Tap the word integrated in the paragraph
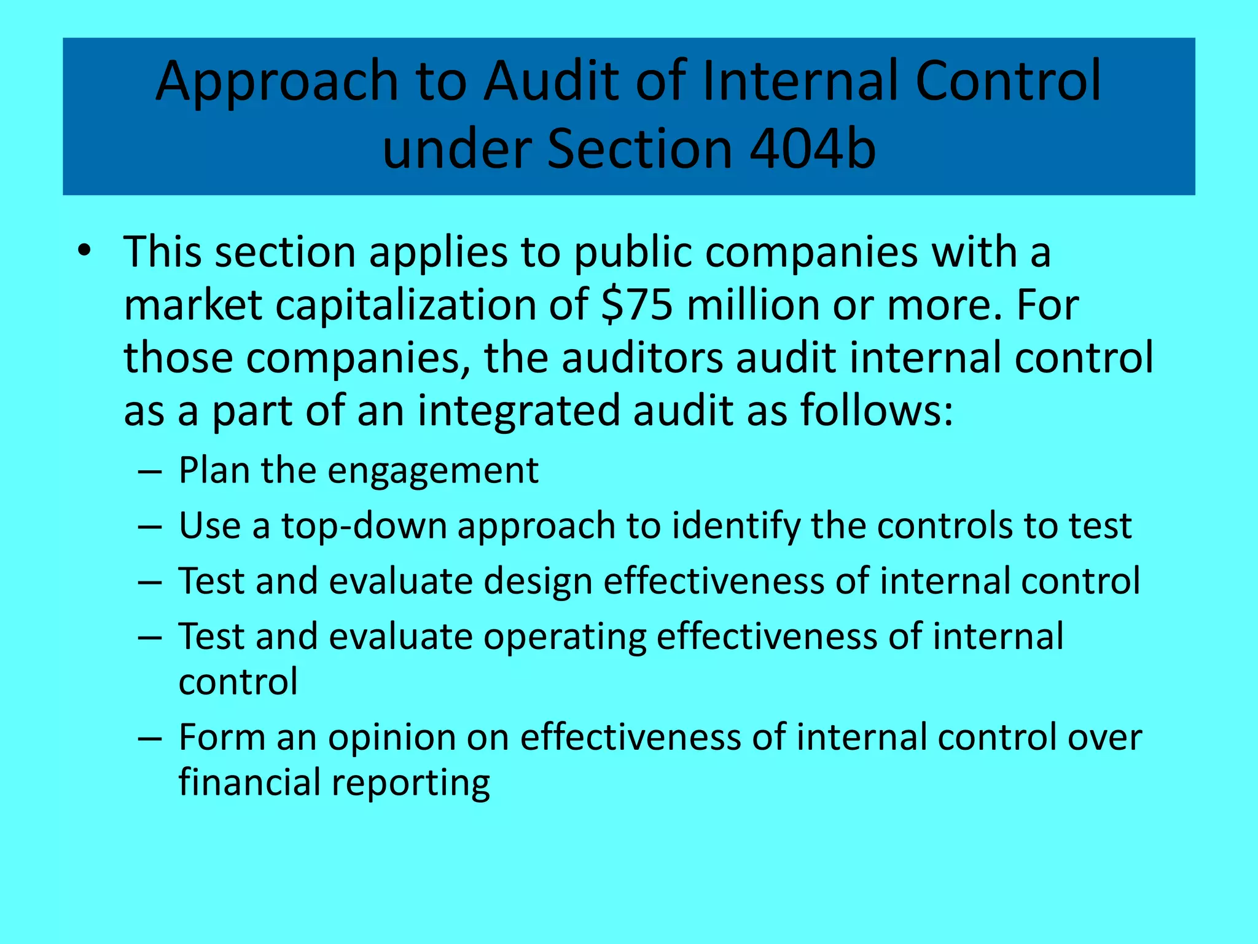(x=519, y=411)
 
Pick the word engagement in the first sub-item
(x=432, y=471)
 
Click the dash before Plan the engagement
(x=150, y=473)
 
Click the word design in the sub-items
(x=537, y=582)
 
